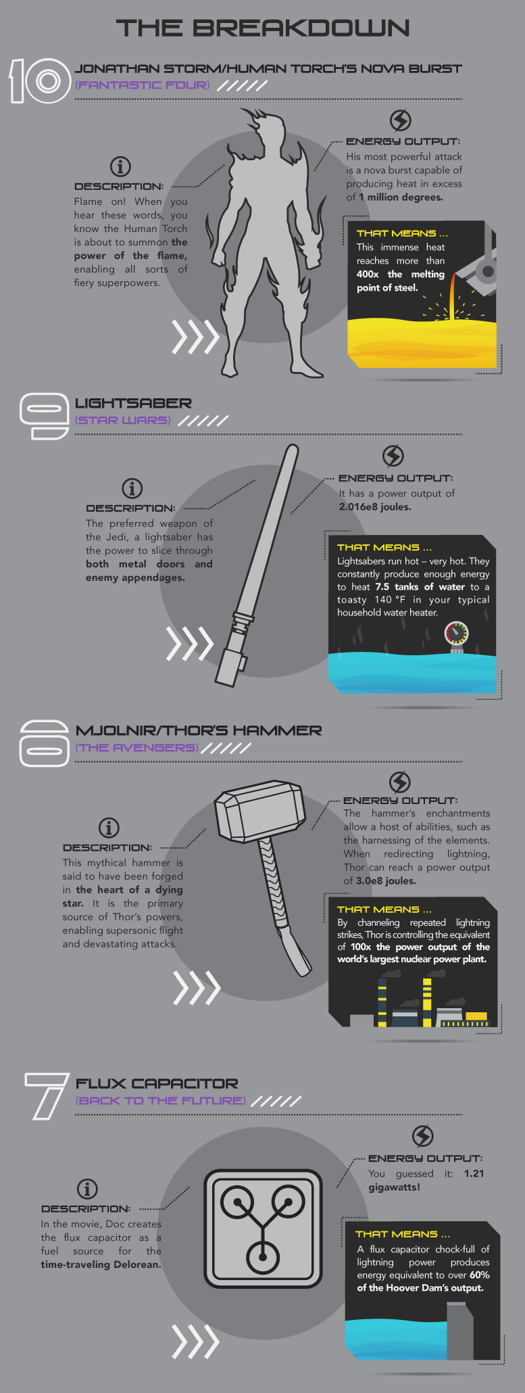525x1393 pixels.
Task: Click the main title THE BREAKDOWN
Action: pos(263,28)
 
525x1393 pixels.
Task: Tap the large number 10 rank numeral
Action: pos(40,81)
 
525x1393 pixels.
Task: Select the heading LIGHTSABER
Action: pos(133,403)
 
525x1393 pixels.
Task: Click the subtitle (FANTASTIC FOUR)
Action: pos(142,85)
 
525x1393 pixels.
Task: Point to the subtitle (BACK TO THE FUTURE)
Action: pos(160,1100)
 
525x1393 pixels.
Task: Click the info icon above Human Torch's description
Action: pos(120,166)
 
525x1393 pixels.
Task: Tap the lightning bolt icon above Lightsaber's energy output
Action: pos(393,456)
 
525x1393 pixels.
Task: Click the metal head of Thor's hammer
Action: pos(258,811)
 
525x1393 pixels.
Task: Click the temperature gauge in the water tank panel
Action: pos(456,634)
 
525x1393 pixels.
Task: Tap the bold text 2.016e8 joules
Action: pos(375,506)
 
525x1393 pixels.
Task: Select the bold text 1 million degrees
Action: pos(401,197)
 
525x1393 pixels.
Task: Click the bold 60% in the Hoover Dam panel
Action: pos(479,1275)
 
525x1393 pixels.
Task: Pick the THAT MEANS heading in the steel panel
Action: pos(403,233)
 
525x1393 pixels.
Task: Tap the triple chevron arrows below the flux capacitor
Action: pos(196,1341)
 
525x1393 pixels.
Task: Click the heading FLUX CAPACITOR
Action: pos(157,1083)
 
